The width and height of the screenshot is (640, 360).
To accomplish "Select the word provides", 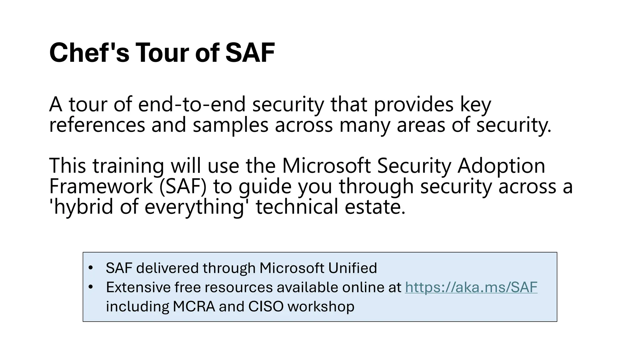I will [413, 104].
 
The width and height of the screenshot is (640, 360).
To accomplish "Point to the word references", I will [97, 125].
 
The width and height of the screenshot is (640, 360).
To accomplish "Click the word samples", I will [230, 125].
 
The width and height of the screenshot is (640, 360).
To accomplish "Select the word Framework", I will [101, 186].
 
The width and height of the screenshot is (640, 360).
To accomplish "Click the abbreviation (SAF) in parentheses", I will [183, 186].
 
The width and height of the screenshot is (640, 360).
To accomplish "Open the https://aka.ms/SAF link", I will [471, 287].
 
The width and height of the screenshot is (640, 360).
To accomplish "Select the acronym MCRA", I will [194, 307].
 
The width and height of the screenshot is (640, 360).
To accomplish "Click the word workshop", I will [321, 307].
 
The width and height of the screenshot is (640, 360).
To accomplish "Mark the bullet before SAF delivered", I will [91, 268].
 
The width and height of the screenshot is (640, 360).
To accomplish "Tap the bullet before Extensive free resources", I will [91, 287].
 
